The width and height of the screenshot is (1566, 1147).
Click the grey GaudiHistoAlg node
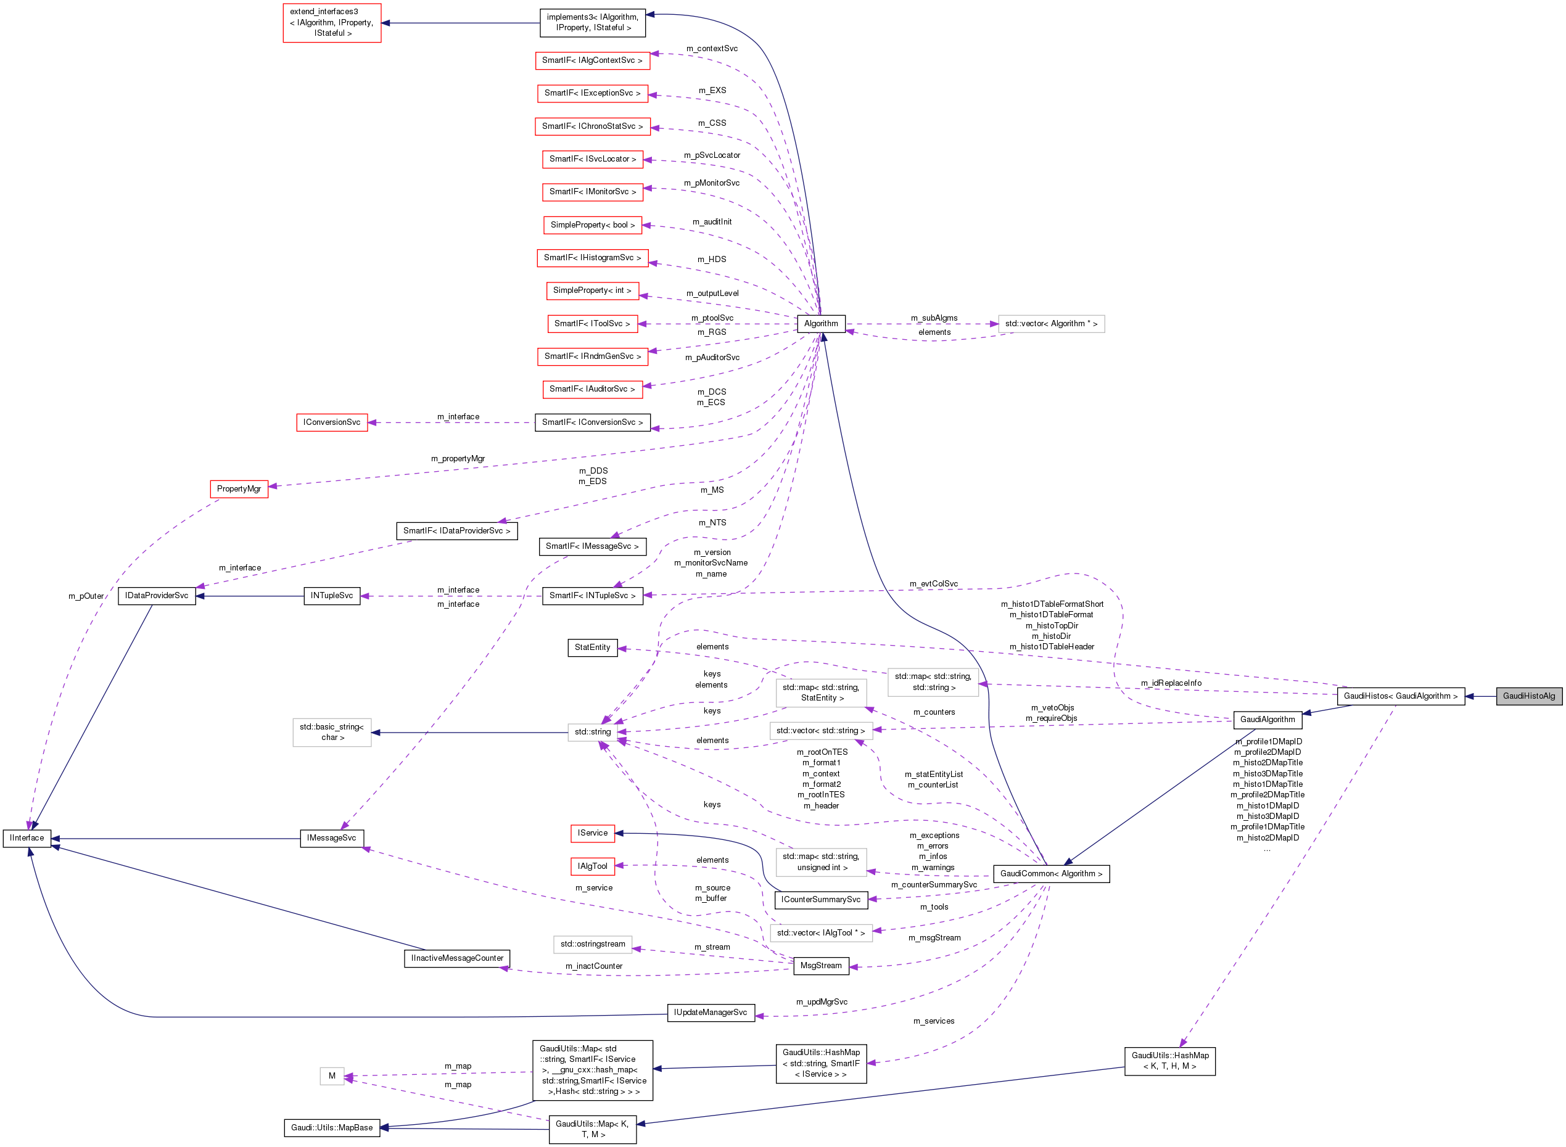click(1528, 696)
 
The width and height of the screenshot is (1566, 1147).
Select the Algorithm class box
click(820, 324)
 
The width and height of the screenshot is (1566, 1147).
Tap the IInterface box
click(27, 838)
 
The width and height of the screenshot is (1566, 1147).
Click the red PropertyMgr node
click(239, 489)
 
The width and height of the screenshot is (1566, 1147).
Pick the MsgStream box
click(820, 966)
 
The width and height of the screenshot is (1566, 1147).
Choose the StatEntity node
click(591, 647)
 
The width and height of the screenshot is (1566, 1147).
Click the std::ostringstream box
click(592, 944)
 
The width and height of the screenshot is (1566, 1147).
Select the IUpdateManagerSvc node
click(710, 1013)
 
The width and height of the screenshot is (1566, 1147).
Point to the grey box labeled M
click(331, 1076)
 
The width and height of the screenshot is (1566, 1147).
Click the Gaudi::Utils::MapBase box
click(331, 1127)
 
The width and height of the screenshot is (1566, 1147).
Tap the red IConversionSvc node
click(331, 422)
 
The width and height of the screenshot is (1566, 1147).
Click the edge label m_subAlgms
click(933, 318)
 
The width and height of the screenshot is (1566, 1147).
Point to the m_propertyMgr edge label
click(458, 459)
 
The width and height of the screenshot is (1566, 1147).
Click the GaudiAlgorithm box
click(1267, 719)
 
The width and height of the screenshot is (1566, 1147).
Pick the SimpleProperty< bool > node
click(591, 225)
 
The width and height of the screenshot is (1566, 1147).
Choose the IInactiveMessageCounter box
click(457, 958)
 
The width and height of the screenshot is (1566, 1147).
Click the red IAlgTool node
click(591, 866)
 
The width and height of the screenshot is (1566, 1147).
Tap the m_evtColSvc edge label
click(933, 584)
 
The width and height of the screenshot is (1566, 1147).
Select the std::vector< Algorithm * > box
click(1051, 324)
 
